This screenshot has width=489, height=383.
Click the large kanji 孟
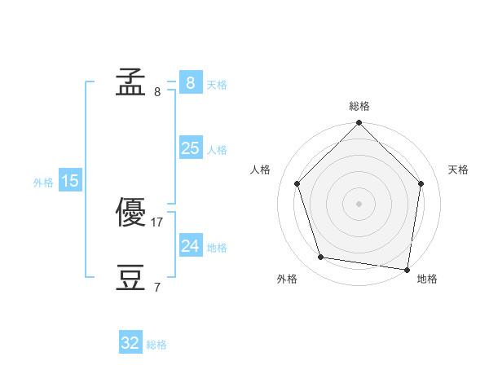point(130,81)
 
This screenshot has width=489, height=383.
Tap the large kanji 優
point(130,212)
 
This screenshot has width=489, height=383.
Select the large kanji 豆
point(130,277)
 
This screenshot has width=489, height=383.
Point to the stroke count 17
point(156,222)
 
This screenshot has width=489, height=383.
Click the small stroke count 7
point(157,287)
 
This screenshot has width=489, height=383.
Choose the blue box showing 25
point(191,147)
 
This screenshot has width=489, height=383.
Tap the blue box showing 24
point(191,244)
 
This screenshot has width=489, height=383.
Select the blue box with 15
point(70,179)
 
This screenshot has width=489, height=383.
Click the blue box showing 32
point(130,341)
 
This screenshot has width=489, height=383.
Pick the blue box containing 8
point(191,82)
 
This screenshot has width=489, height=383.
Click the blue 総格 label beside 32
point(156,345)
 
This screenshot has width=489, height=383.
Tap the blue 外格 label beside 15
point(43,183)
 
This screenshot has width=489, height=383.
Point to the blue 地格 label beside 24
point(217,248)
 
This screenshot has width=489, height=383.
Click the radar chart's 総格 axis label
point(359,106)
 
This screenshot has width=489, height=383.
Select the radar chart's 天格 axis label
point(458,169)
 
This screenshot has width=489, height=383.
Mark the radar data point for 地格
point(407,270)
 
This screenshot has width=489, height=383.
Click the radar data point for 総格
point(359,122)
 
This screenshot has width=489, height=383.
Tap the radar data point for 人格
point(297,183)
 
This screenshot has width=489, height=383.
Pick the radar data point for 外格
point(320,258)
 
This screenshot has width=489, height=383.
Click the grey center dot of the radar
point(359,204)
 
